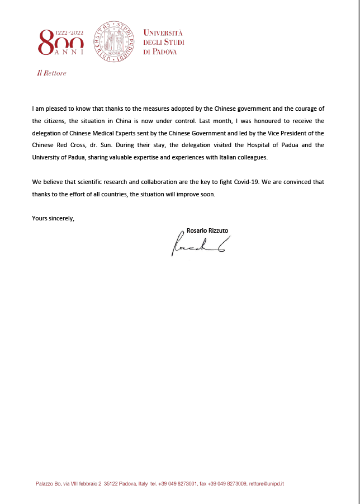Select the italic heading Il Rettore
[x=51, y=73]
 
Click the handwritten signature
[x=197, y=244]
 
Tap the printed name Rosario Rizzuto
[x=207, y=230]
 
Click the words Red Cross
[x=69, y=145]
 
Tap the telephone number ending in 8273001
[x=178, y=483]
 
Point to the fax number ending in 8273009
[x=226, y=483]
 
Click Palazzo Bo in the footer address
[x=46, y=483]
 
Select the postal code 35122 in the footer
[x=111, y=483]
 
